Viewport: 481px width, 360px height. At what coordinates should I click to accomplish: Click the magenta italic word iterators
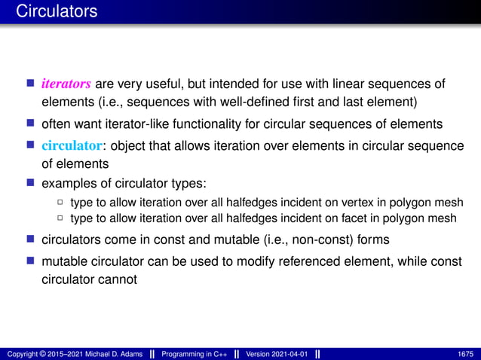[66, 83]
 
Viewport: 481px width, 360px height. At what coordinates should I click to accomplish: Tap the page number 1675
[465, 354]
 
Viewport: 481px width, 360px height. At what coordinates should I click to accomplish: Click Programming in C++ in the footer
[200, 354]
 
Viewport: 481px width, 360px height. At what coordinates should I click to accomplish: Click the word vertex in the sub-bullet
[317, 203]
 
